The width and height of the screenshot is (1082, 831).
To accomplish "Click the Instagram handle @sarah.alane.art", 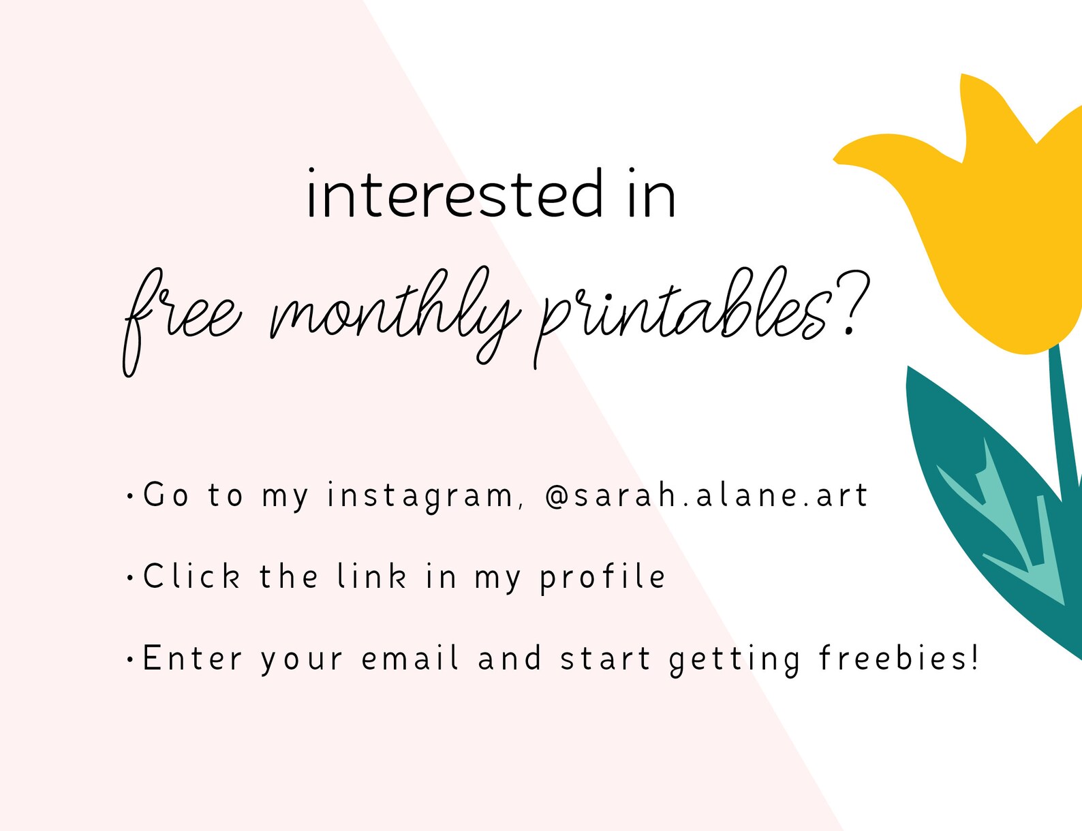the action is pyautogui.click(x=707, y=496).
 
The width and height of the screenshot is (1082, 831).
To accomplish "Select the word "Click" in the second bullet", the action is pyautogui.click(x=191, y=576).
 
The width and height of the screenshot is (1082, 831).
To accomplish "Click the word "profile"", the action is pyautogui.click(x=602, y=578).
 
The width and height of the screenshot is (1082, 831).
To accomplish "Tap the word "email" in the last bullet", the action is pyautogui.click(x=409, y=657).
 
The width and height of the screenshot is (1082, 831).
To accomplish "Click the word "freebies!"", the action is pyautogui.click(x=898, y=657).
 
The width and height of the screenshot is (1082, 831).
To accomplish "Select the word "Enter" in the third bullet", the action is pyautogui.click(x=192, y=658).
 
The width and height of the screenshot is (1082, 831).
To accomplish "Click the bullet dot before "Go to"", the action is pyautogui.click(x=130, y=496).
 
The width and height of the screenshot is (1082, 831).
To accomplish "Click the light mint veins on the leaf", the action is pyautogui.click(x=1010, y=527).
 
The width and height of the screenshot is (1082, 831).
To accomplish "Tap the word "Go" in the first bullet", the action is pyautogui.click(x=166, y=495).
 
